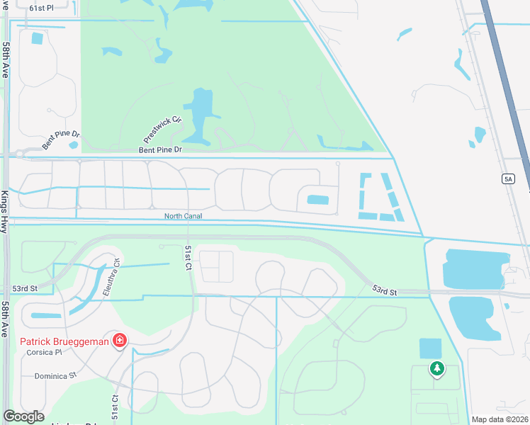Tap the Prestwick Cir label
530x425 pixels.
click(163, 128)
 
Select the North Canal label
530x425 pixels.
click(184, 216)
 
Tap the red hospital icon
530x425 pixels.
click(119, 341)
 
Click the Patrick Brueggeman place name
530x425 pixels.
click(64, 342)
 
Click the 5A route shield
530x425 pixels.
click(508, 179)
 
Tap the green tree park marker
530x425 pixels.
click(437, 368)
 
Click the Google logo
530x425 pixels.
click(23, 416)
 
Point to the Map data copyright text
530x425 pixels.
click(500, 419)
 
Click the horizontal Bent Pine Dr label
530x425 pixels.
click(161, 150)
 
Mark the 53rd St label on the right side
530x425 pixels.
click(385, 290)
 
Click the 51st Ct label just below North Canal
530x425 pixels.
click(188, 259)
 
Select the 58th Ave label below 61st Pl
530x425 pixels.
click(6, 60)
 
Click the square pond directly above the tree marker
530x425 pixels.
click(430, 348)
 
